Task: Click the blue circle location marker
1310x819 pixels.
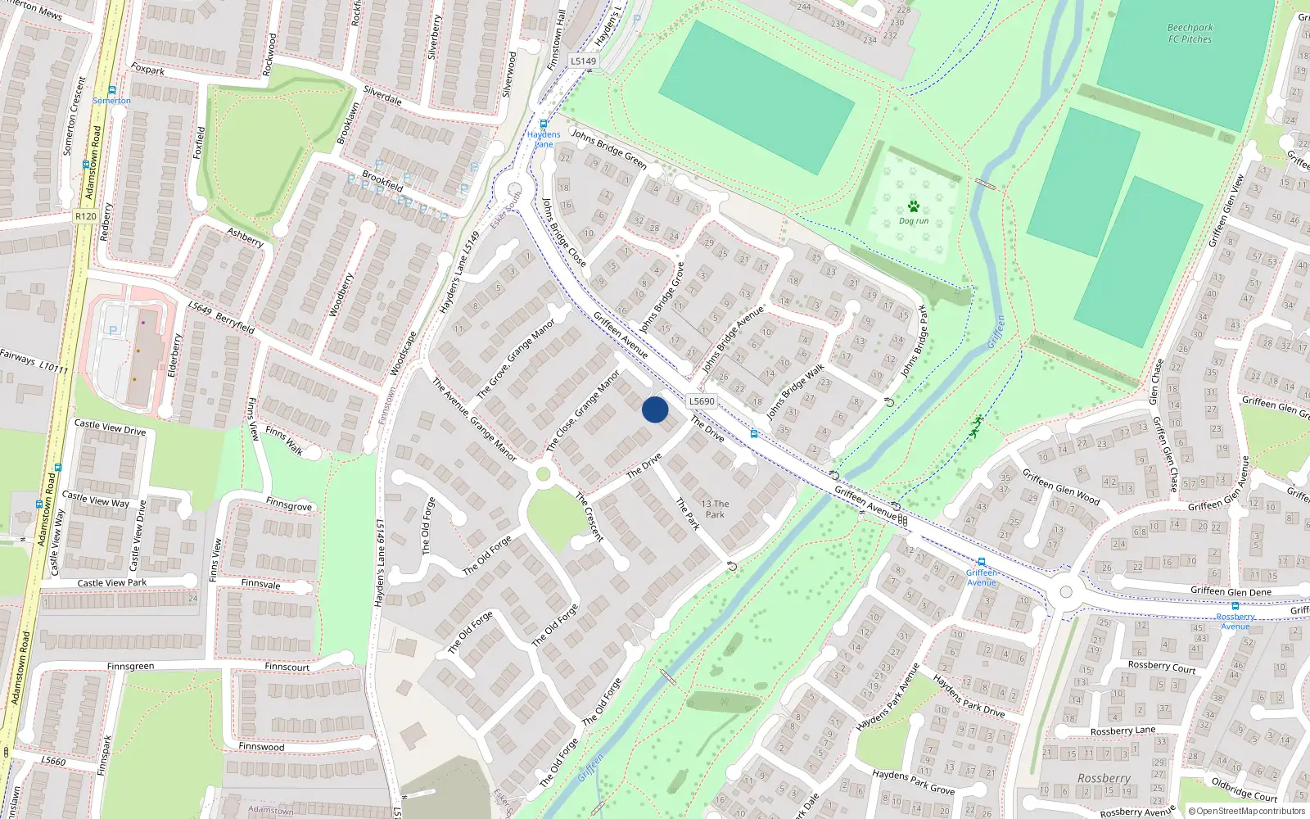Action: (x=655, y=409)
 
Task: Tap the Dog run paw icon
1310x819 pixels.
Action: (x=913, y=206)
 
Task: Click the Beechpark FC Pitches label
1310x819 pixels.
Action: (x=1190, y=33)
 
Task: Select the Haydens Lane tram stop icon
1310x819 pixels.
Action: (x=543, y=124)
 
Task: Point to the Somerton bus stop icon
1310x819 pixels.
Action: (x=112, y=90)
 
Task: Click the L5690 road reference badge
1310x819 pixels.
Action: (x=702, y=401)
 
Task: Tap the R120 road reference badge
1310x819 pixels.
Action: (x=85, y=216)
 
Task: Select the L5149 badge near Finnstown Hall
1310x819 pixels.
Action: (x=583, y=61)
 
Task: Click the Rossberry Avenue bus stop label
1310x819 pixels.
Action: (x=1235, y=622)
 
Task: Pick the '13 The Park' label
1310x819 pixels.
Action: (x=715, y=509)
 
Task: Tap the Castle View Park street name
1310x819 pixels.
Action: (x=112, y=583)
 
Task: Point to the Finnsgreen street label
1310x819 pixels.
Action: (x=130, y=667)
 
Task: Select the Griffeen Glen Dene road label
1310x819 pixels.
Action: (x=1231, y=591)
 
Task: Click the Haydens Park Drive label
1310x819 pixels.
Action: (x=969, y=695)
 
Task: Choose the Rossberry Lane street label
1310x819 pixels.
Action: (x=1123, y=731)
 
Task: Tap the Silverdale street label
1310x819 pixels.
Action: (x=382, y=96)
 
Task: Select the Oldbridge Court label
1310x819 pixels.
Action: (x=1244, y=790)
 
